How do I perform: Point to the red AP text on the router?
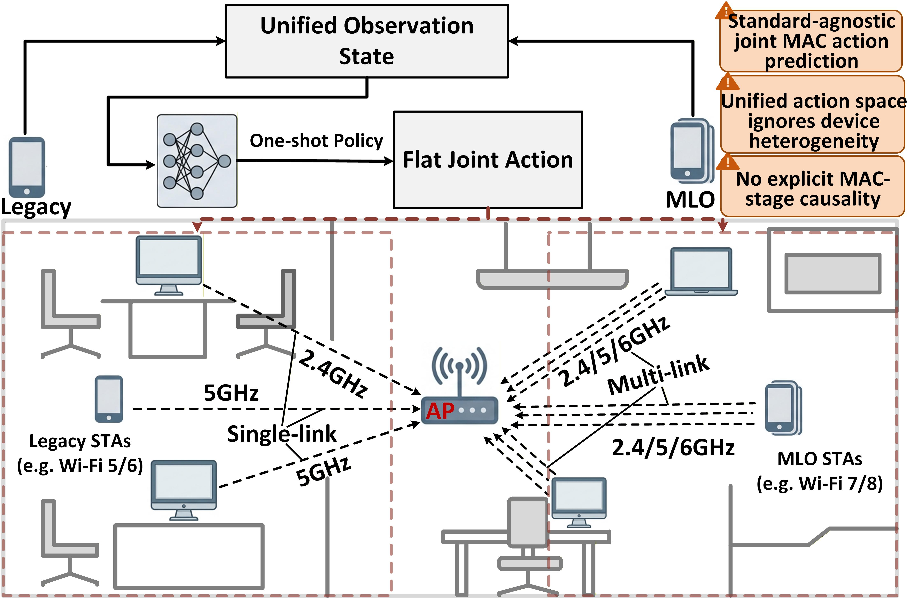pos(440,411)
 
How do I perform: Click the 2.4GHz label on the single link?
pos(333,374)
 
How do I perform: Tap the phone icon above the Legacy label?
pos(27,167)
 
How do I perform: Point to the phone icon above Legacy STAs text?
pos(109,399)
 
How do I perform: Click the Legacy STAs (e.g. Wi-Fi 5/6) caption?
pos(80,453)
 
